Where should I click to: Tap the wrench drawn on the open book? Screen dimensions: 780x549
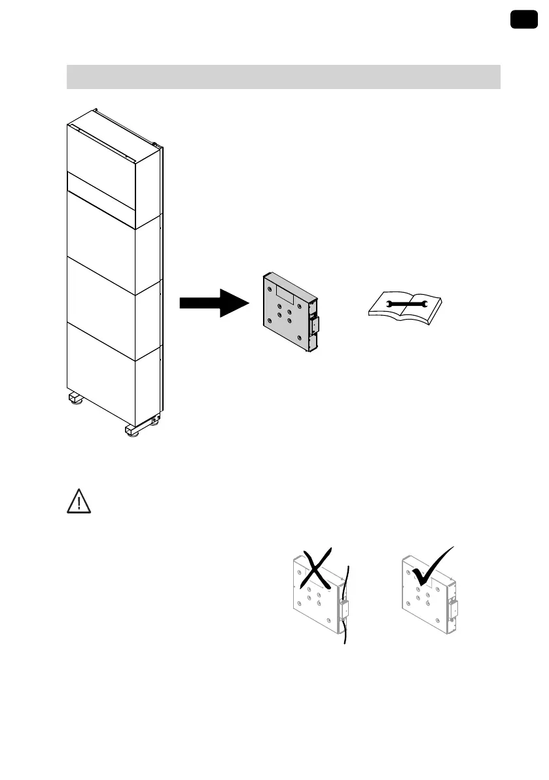tap(406, 303)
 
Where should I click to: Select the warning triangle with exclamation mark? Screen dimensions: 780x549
tap(79, 502)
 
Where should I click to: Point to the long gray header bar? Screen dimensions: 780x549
tap(283, 77)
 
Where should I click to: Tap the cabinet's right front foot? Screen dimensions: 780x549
tap(133, 431)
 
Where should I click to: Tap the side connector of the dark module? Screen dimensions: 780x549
tap(313, 324)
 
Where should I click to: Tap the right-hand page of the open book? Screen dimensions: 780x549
tap(424, 303)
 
